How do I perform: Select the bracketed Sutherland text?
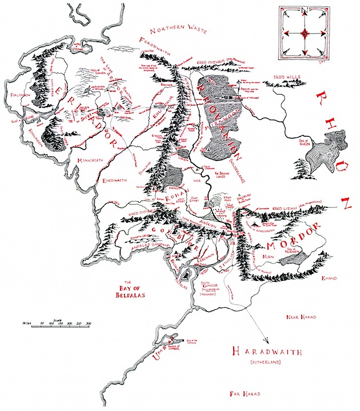pyautogui.click(x=263, y=363)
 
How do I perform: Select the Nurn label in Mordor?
pyautogui.click(x=268, y=257)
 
